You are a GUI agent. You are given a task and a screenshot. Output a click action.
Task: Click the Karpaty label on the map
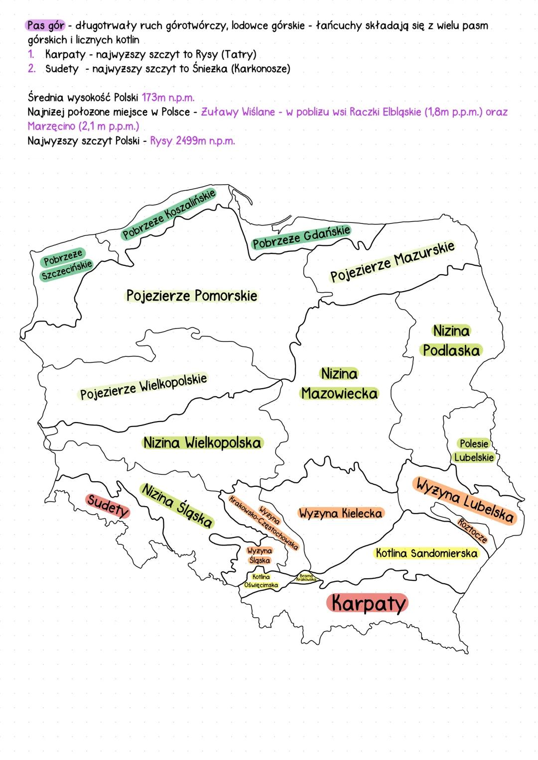(x=367, y=603)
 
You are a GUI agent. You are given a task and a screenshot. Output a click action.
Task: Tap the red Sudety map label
(x=108, y=506)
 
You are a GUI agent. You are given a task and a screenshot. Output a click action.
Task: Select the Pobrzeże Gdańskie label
(x=301, y=236)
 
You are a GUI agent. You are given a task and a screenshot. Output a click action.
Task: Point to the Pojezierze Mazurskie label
(x=393, y=261)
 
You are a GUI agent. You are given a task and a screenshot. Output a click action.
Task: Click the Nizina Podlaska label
(x=451, y=341)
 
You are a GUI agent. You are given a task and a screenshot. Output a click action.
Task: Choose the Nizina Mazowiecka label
(x=339, y=384)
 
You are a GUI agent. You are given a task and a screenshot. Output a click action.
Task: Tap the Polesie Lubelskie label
(x=474, y=450)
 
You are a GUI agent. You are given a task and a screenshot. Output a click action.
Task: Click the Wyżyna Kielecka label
(x=340, y=513)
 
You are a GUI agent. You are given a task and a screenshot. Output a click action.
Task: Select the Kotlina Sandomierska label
(x=426, y=553)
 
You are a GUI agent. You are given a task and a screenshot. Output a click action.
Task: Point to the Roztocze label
(x=472, y=530)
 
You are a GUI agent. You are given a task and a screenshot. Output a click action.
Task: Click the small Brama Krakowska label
(x=306, y=578)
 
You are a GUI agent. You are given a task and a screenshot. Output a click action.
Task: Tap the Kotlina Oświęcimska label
(x=261, y=581)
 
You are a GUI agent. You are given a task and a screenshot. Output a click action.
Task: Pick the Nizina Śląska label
(x=177, y=505)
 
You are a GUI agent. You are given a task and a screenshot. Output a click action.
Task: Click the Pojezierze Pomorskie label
(x=191, y=296)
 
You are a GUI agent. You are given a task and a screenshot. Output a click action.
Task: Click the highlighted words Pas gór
(x=46, y=25)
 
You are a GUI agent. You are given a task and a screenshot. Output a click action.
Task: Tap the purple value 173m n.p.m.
(x=168, y=97)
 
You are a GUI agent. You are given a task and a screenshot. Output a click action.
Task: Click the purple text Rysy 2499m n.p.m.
(x=192, y=141)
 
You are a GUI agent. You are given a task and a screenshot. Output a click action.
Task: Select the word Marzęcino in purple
(x=51, y=126)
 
